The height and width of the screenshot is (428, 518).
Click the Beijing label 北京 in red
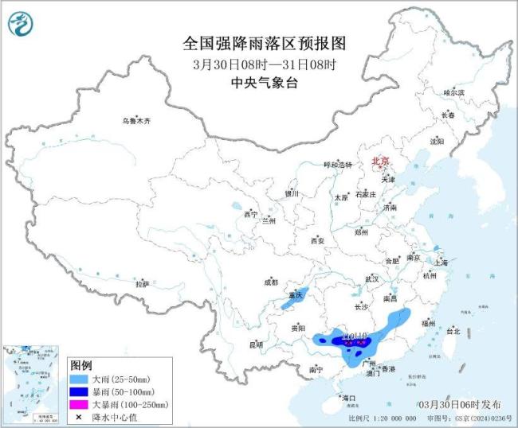pyautogui.click(x=379, y=161)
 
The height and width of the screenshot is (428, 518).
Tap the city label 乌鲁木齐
pyautogui.click(x=135, y=121)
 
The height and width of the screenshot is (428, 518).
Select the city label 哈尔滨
pyautogui.click(x=453, y=93)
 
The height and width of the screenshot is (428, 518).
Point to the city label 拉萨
pyautogui.click(x=142, y=283)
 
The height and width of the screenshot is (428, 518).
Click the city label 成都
pyautogui.click(x=270, y=282)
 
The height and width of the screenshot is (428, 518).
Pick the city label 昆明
pyautogui.click(x=256, y=344)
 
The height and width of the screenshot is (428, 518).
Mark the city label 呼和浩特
pyautogui.click(x=336, y=165)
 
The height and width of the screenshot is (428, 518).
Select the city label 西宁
pyautogui.click(x=251, y=214)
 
